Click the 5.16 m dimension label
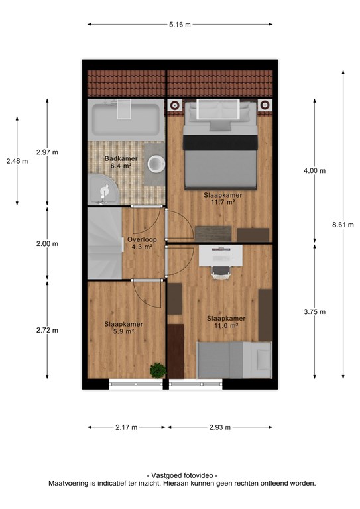pos(180,25)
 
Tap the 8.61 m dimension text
pos(343,225)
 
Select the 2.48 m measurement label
pos(17,161)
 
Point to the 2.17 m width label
pos(126,427)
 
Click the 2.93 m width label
pos(219,427)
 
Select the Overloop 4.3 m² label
pos(142,243)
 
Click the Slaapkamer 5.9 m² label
pos(124,328)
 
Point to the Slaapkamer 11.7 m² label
pos(223,199)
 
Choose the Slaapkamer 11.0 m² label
pos(226,322)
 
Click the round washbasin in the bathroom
pos(156,164)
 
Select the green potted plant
pos(158,370)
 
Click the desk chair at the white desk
pos(221,272)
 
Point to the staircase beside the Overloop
pos(105,243)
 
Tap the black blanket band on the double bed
pos(220,142)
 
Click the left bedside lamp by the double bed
pos(174,105)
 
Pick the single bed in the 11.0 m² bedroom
pos(235,360)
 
